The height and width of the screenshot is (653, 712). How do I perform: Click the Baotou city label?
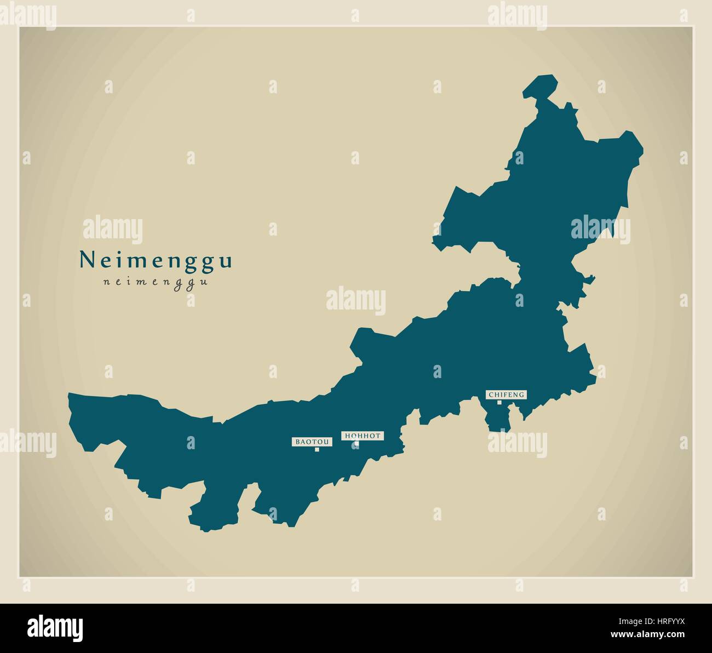[x=312, y=441]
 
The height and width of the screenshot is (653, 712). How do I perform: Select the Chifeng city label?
[x=507, y=394]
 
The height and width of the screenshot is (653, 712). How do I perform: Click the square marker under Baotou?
[x=317, y=450]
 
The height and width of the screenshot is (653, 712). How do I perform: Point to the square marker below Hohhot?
[x=356, y=444]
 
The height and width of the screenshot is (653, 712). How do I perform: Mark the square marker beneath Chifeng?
[x=499, y=403]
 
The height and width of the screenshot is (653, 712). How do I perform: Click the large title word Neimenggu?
[x=156, y=260]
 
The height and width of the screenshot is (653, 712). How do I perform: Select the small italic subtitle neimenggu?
[x=156, y=283]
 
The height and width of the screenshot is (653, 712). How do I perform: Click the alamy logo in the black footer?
[x=55, y=627]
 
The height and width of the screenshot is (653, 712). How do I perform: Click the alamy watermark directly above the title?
[x=112, y=230]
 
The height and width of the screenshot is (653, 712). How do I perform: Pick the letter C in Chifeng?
[x=490, y=394]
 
